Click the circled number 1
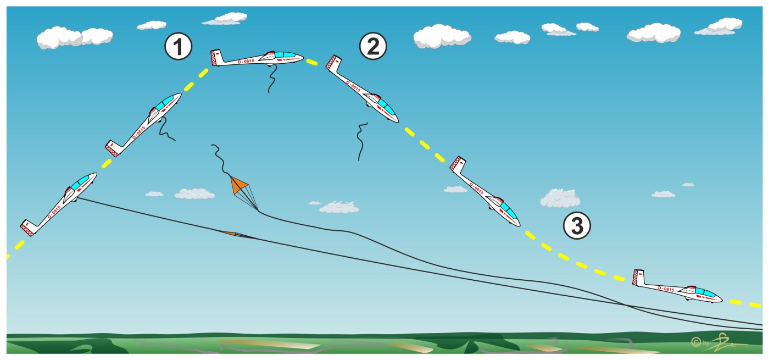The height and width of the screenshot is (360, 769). coord(179,47)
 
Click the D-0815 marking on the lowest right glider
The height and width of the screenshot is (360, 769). coord(665,289)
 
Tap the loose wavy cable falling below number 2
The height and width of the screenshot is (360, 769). coord(360,141)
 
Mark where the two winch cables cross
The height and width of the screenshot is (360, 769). coord(626,304)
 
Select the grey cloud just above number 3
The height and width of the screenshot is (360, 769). coord(559,198)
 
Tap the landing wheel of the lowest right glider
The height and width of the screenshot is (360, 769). coord(689,300)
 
